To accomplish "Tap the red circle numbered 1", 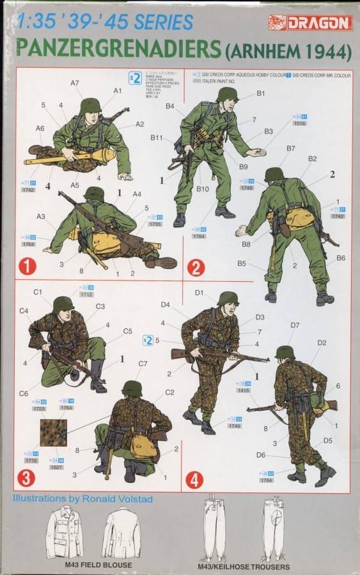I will pyautogui.click(x=27, y=264).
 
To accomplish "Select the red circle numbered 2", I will pyautogui.click(x=196, y=267).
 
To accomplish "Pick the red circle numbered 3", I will pyautogui.click(x=27, y=477).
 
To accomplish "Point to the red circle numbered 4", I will pyautogui.click(x=196, y=477).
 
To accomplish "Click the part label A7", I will pyautogui.click(x=75, y=83).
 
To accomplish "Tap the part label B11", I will pyautogui.click(x=157, y=137).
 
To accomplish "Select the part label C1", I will pyautogui.click(x=38, y=292).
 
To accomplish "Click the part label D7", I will pyautogui.click(x=295, y=325).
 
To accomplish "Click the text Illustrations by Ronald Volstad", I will pyautogui.click(x=81, y=498).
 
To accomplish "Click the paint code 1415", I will pyautogui.click(x=243, y=390).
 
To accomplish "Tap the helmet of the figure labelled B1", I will pyautogui.click(x=226, y=95).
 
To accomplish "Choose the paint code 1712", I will pyautogui.click(x=86, y=295).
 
